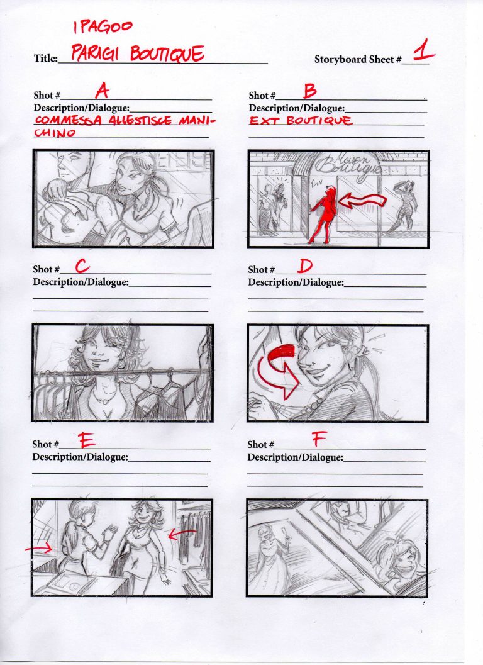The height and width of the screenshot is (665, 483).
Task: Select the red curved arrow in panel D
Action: (275, 372)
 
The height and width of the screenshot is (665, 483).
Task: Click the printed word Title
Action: (45, 59)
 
